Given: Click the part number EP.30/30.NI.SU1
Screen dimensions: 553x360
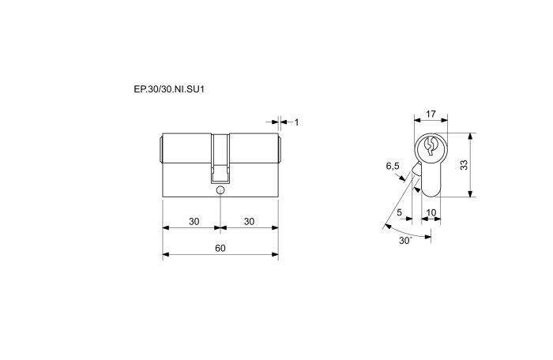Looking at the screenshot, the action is point(169,89).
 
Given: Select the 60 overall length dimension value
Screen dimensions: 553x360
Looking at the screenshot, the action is point(220,248).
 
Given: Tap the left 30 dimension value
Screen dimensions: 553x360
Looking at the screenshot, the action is point(194,221).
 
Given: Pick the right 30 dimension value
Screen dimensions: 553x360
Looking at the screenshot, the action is point(249,221).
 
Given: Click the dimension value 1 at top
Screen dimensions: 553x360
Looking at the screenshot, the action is point(296,122).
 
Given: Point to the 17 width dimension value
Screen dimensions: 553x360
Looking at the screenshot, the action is point(431,114).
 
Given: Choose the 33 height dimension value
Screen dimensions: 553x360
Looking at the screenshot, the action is point(465,165).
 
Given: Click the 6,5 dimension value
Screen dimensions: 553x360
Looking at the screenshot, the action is point(393,166).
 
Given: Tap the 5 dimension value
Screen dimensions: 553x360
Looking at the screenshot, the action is point(399,212).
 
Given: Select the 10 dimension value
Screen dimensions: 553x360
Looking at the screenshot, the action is point(431,212).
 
